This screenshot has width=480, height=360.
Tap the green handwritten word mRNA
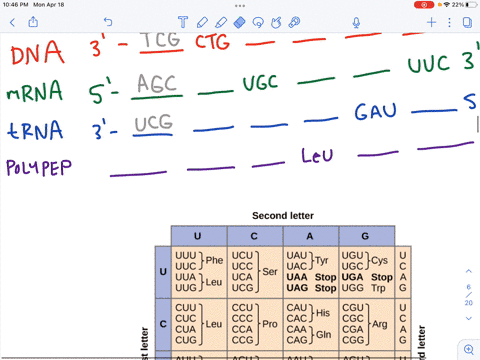point(34,93)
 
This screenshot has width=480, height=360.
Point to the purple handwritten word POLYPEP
point(39,167)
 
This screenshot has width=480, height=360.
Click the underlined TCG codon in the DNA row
point(159,40)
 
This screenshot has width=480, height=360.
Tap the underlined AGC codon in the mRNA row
point(158,85)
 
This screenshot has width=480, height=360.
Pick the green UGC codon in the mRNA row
point(263,82)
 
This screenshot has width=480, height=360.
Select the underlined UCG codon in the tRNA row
point(154,123)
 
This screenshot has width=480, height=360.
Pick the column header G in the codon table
point(366,235)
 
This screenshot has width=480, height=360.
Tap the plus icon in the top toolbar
point(432,22)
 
